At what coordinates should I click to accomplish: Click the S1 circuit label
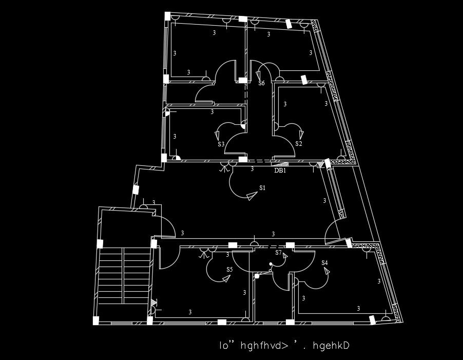pyautogui.click(x=262, y=188)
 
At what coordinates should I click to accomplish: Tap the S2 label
pyautogui.click(x=298, y=144)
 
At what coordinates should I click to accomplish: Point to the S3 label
pyautogui.click(x=221, y=144)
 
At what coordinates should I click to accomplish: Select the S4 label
pyautogui.click(x=324, y=263)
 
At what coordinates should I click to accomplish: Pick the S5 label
pyautogui.click(x=229, y=269)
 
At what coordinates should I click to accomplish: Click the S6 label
pyautogui.click(x=261, y=83)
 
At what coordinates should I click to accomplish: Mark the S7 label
pyautogui.click(x=278, y=253)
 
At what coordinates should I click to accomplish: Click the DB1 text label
pyautogui.click(x=280, y=170)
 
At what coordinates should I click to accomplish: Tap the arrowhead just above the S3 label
pyautogui.click(x=217, y=136)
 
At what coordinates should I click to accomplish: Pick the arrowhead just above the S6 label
pyautogui.click(x=258, y=75)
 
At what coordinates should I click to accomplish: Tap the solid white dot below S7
pyautogui.click(x=271, y=264)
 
